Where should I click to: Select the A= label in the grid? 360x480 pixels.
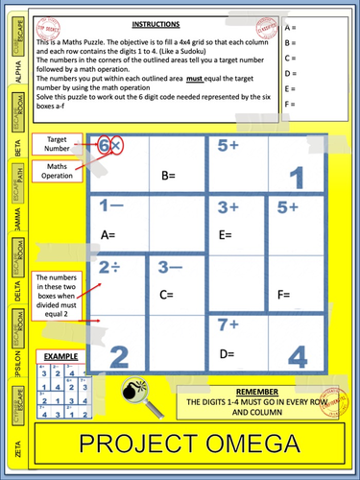pyautogui.click(x=108, y=234)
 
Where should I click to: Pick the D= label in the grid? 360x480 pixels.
pyautogui.click(x=228, y=354)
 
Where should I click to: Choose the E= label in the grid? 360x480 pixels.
pyautogui.click(x=227, y=234)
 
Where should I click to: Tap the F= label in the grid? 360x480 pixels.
pyautogui.click(x=284, y=295)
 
